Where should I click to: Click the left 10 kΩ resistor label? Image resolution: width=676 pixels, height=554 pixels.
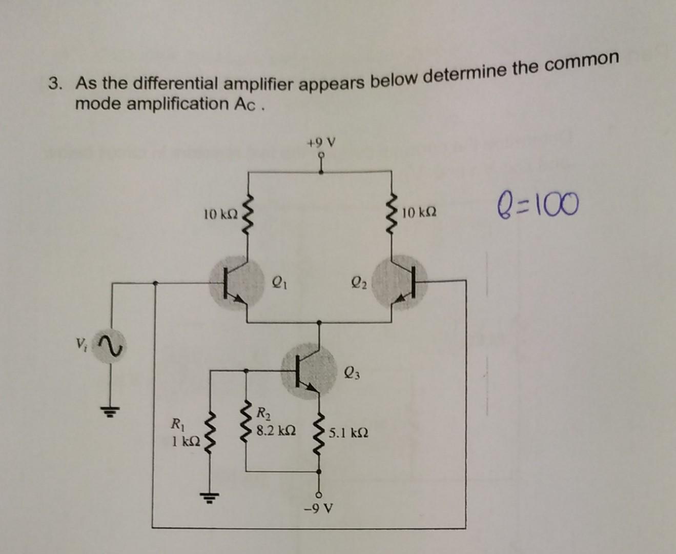click(x=220, y=213)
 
